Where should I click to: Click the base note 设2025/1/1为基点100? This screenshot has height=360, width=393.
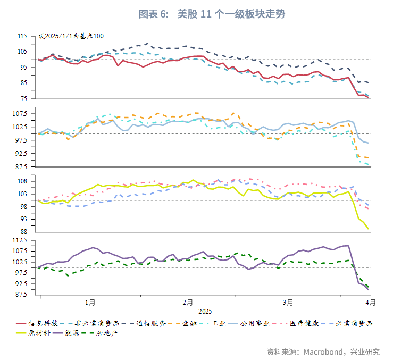coord(71,36)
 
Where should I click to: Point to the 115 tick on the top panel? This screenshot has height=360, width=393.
coord(22,36)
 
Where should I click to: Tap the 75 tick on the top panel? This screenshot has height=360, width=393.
coord(23,98)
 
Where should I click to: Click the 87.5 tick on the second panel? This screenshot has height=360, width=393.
coord(21,166)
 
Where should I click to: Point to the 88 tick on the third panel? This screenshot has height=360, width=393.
coord(23,231)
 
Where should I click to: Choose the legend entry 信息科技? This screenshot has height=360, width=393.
coord(39,323)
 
